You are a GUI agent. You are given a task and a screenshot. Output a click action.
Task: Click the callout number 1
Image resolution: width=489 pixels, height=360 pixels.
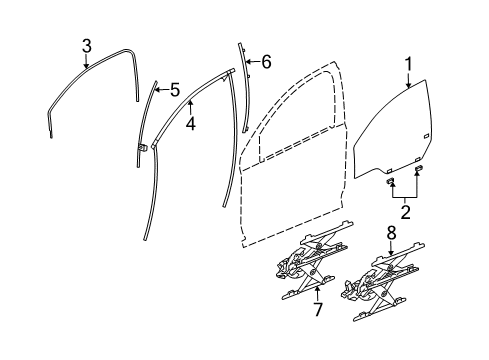pyautogui.click(x=408, y=65)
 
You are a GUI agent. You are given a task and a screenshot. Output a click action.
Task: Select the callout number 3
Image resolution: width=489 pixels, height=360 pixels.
pyautogui.click(x=87, y=45)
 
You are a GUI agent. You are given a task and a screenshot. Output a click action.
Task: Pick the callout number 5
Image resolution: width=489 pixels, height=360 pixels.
pyautogui.click(x=175, y=90)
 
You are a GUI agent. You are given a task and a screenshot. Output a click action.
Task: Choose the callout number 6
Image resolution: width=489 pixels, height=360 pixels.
pyautogui.click(x=266, y=61)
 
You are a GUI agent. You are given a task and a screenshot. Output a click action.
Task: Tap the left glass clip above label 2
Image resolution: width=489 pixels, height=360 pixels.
pyautogui.click(x=393, y=183)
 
